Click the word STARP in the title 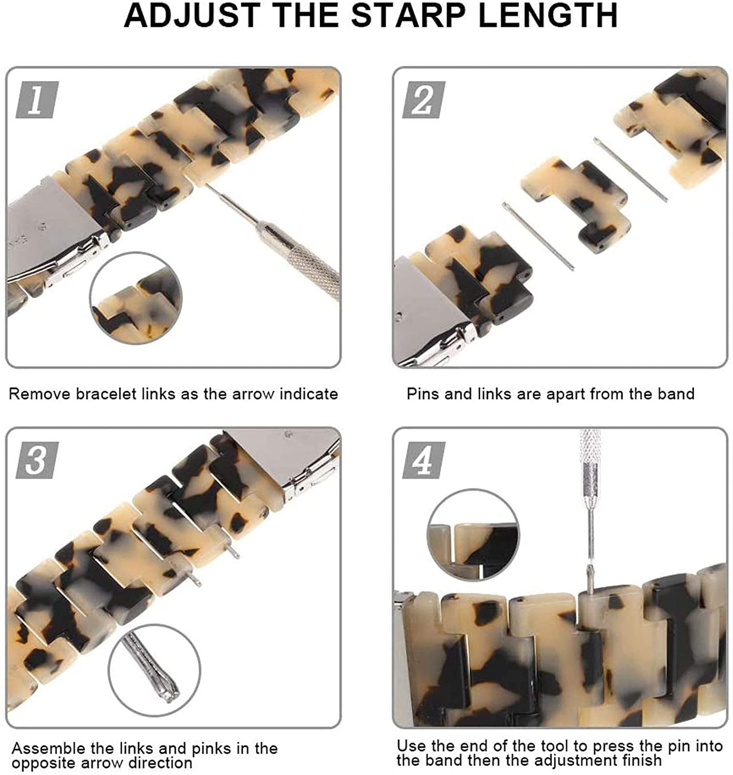(408, 16)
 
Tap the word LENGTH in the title (548, 16)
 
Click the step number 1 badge (37, 100)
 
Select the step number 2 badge (424, 100)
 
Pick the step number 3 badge (37, 460)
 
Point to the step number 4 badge (424, 460)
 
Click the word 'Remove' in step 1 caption (39, 394)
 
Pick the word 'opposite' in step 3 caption (44, 763)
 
